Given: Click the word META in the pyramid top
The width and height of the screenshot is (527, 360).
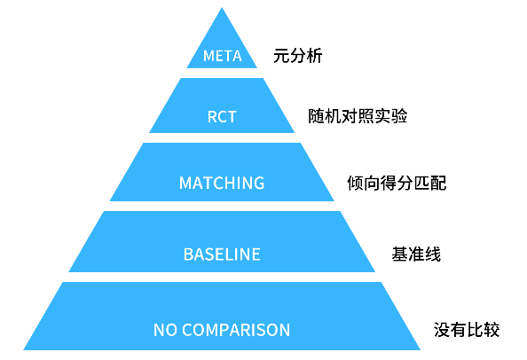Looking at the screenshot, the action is coord(222,56).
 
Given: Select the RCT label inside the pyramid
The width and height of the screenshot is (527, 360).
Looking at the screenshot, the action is coord(222,117).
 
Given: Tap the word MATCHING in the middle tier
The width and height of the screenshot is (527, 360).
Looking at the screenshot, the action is coord(222,183).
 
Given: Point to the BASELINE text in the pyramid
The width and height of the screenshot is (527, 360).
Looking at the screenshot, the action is coord(222,254).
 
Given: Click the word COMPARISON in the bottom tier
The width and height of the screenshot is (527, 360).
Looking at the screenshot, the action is coord(236,330).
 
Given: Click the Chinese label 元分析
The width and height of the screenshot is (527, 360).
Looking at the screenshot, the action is coord(298,56).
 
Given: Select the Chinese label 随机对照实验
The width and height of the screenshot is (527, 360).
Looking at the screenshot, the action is coord(358,116).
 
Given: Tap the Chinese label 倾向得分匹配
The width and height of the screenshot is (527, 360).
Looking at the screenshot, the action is coord(397,183).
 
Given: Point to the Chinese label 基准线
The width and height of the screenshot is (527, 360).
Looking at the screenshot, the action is coord(416,254).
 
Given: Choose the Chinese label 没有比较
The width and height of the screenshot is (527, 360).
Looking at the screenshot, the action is coord(467,330).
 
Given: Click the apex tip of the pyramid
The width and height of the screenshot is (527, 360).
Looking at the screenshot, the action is coord(222,8).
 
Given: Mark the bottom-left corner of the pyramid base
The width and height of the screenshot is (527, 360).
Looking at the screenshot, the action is coord(24,349).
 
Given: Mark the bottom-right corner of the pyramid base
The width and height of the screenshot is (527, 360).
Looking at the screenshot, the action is coord(420,349).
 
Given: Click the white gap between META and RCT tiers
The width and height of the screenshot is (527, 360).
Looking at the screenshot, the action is coord(222,74).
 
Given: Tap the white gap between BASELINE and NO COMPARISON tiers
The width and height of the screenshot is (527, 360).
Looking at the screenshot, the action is coord(222,277).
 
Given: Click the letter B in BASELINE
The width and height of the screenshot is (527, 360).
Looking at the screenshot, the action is coord(188,254).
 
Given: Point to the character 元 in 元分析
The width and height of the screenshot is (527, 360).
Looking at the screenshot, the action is coord(281,56).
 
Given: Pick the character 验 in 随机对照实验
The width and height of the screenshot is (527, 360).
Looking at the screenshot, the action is coord(399,116).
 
